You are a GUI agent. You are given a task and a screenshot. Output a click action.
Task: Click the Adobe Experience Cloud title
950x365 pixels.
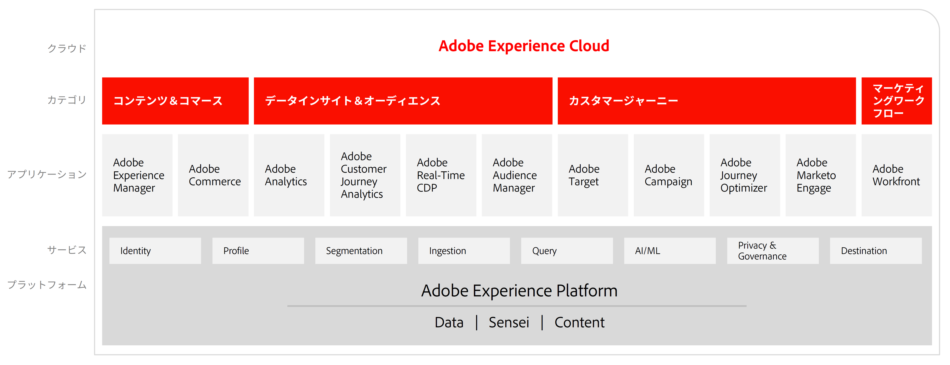click(524, 46)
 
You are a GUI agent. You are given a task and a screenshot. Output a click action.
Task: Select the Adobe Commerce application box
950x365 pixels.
click(213, 175)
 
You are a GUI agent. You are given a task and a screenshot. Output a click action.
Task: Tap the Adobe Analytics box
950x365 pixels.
click(289, 175)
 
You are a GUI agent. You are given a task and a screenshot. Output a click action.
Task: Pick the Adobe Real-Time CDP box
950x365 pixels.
click(441, 175)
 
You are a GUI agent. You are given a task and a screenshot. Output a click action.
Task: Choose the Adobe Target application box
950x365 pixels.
click(593, 175)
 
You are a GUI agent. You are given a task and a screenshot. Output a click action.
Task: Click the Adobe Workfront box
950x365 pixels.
click(897, 175)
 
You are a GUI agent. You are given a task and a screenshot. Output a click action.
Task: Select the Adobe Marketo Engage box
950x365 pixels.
click(821, 175)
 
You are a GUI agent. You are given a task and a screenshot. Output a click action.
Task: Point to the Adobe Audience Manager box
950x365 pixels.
click(517, 175)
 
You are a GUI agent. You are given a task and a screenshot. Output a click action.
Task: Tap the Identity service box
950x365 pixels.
click(155, 251)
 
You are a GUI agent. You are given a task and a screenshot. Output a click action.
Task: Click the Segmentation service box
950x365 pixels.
click(361, 251)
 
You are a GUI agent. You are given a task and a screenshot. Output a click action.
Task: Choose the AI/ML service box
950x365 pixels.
click(670, 251)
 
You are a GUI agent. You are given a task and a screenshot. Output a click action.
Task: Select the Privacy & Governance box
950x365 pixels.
click(773, 251)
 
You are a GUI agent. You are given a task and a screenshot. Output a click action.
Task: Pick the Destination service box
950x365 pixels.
click(876, 251)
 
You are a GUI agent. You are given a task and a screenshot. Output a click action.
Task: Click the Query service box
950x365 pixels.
click(567, 251)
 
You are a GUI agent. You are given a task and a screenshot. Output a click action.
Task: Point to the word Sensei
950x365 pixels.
click(509, 323)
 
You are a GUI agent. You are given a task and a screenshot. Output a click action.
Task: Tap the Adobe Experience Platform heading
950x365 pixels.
click(519, 291)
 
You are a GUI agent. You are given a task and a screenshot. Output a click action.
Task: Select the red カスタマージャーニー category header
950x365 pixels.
click(707, 101)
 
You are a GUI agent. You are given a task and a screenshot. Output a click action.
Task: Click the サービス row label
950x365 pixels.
click(67, 250)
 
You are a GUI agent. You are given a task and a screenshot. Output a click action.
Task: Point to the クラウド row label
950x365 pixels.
click(67, 48)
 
